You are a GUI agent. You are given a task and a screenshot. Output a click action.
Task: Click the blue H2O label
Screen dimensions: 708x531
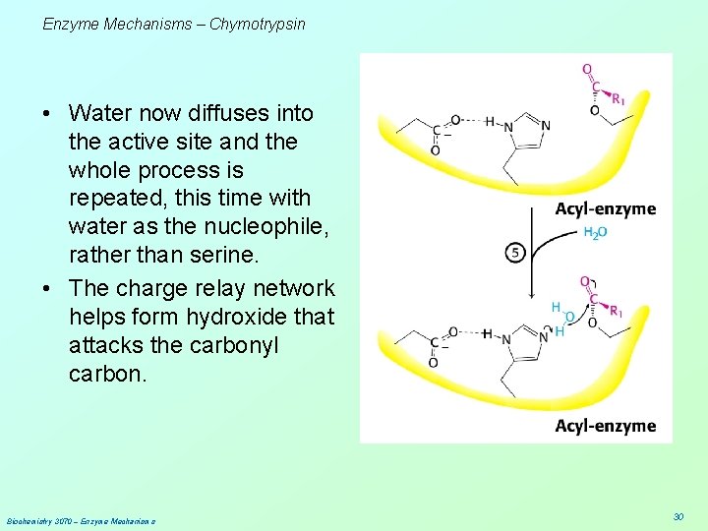[595, 232]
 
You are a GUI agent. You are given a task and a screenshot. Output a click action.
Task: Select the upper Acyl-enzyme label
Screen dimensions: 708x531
[605, 209]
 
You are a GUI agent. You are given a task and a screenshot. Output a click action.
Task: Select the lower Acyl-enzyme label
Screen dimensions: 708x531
[605, 426]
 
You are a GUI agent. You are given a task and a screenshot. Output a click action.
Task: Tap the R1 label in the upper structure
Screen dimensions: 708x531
[618, 98]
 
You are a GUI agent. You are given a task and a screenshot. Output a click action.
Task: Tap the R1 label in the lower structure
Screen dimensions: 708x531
[617, 312]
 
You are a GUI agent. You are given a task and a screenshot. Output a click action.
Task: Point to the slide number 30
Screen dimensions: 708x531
[678, 517]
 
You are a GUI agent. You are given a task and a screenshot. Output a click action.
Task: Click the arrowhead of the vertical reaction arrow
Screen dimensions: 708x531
[532, 294]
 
